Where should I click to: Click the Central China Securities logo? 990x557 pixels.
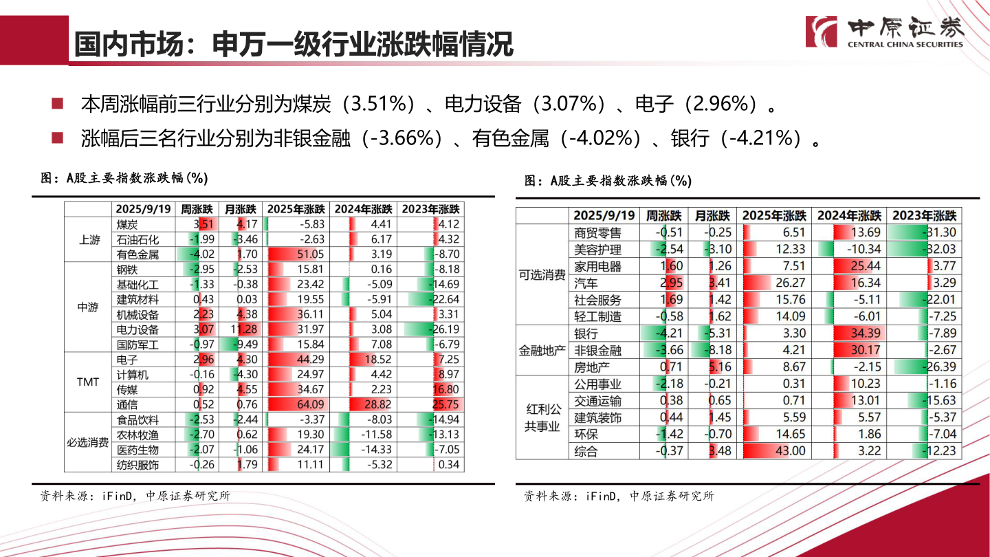coord(884,32)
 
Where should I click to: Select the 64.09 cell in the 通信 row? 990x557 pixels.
coord(296,405)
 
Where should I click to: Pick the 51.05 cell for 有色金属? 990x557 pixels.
coord(296,254)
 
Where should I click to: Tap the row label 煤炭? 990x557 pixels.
coord(128,224)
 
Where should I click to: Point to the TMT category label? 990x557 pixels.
coord(88,382)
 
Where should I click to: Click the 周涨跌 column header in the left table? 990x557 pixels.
coord(197,209)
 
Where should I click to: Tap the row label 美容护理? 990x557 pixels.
coord(597,250)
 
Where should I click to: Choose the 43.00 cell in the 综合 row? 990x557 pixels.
coord(773,451)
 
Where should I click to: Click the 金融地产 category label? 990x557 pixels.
coord(542,351)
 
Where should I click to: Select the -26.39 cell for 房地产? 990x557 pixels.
coord(924,367)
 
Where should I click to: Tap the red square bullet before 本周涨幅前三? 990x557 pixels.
coord(58,104)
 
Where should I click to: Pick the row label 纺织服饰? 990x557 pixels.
coord(137,465)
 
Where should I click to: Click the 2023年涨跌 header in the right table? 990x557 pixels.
coord(924,215)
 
